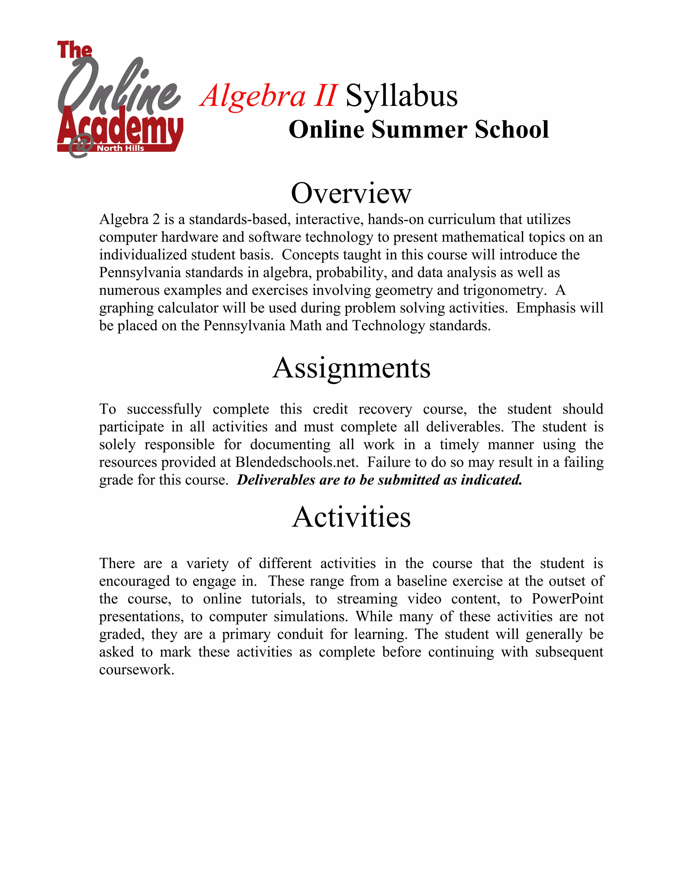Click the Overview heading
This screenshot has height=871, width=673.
tap(351, 193)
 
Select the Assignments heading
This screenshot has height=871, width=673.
tap(351, 368)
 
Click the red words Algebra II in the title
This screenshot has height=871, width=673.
tap(269, 96)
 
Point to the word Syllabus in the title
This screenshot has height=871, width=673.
tap(401, 96)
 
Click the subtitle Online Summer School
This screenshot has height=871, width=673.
tap(419, 129)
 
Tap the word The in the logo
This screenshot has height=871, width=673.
tap(75, 50)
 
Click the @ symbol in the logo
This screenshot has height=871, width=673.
tap(81, 146)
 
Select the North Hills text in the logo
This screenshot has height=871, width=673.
tap(120, 148)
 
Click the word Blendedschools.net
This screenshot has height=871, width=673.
tap(295, 462)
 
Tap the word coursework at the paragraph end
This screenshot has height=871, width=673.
tap(136, 670)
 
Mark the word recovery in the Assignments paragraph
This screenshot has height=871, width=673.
tap(385, 409)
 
